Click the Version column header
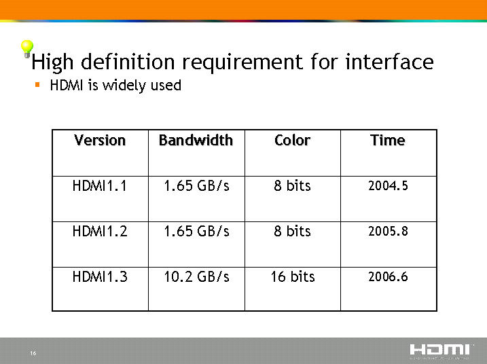click(100, 141)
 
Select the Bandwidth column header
click(196, 141)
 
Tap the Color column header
click(292, 141)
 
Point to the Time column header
click(388, 141)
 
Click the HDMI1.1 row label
click(100, 186)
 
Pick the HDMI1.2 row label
click(100, 232)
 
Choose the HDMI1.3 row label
click(100, 276)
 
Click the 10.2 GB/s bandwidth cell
click(196, 276)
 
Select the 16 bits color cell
click(293, 276)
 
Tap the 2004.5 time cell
click(388, 185)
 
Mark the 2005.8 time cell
click(388, 231)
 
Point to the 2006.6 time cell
click(388, 276)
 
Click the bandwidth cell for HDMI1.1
click(196, 186)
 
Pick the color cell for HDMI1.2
click(292, 232)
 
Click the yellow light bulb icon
click(27, 49)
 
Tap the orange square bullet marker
click(37, 84)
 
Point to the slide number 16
click(33, 353)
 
